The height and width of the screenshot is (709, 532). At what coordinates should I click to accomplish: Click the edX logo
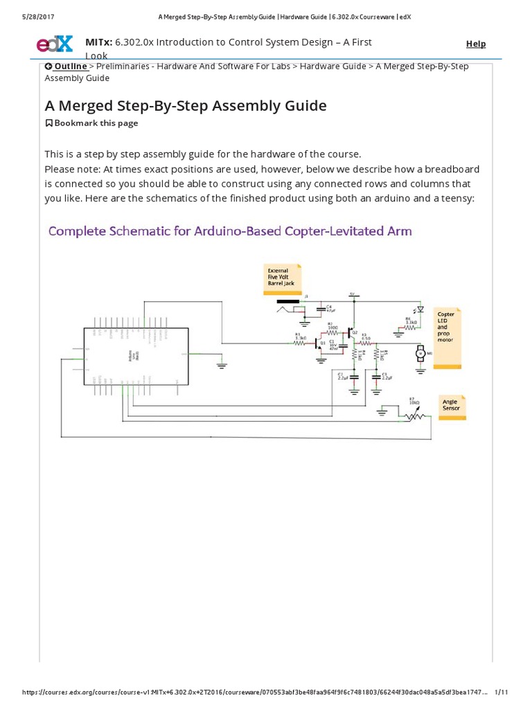tap(54, 44)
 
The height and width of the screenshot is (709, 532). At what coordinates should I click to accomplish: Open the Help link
tap(476, 44)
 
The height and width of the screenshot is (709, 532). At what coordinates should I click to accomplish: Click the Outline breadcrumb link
tap(66, 66)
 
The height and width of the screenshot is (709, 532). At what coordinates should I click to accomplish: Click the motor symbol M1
tap(418, 354)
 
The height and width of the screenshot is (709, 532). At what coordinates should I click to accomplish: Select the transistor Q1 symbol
tap(319, 343)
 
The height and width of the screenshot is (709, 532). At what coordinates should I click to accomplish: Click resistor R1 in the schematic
tap(299, 342)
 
